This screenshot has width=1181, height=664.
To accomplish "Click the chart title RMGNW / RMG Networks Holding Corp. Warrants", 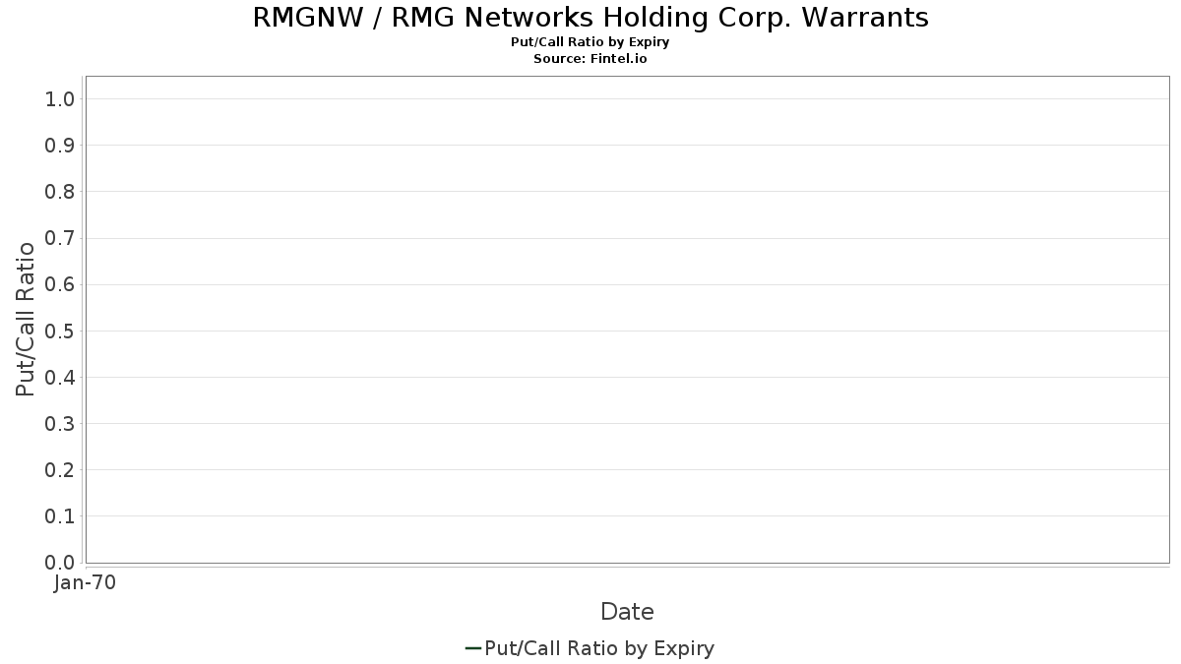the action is click(x=590, y=18).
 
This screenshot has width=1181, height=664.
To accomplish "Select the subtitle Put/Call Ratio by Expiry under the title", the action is click(x=590, y=42).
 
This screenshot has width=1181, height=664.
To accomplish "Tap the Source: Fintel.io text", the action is click(x=590, y=58).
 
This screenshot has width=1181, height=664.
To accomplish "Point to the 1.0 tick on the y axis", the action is click(x=60, y=99).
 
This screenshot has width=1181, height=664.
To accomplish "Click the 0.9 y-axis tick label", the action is click(x=60, y=146).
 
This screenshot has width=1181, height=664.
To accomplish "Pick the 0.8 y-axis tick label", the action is click(x=60, y=192).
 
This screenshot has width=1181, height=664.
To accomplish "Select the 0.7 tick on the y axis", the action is click(x=60, y=238).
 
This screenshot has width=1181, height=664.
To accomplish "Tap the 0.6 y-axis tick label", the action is click(x=60, y=284).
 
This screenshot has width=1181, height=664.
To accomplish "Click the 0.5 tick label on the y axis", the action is click(x=60, y=331).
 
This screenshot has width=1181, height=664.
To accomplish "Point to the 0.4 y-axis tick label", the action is click(x=60, y=378).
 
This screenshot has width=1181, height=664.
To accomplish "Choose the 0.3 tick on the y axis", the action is click(x=60, y=424).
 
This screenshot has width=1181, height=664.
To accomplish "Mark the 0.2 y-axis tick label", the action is click(x=60, y=470).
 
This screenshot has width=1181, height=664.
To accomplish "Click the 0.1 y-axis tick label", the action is click(x=60, y=516).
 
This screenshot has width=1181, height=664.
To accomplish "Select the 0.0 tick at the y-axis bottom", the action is click(x=60, y=563).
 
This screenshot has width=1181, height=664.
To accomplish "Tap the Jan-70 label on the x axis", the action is click(x=85, y=582).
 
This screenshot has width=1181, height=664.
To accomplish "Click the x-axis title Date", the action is click(x=628, y=612).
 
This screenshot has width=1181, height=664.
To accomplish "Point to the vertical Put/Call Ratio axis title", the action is click(x=25, y=320).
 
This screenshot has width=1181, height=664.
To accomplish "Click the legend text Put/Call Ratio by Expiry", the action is click(x=599, y=648).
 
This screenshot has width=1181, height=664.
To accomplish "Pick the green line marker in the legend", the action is click(x=473, y=648).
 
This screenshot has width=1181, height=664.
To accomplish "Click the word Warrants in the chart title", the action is click(x=865, y=18).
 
